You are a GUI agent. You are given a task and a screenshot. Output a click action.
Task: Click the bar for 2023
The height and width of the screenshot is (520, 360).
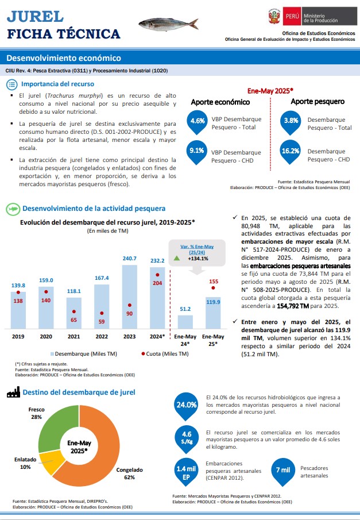tap(130, 297)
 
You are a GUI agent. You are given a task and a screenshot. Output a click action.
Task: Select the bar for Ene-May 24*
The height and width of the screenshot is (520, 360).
tap(185, 322)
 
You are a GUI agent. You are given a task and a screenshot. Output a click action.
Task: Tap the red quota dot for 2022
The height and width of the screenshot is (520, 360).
tap(102, 313)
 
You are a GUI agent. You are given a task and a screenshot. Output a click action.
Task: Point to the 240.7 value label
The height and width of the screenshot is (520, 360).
tap(130, 259)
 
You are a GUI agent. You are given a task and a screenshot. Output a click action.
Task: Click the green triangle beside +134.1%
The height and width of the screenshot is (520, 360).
tap(177, 258)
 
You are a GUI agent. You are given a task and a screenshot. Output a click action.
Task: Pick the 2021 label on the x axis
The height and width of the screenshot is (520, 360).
tap(74, 337)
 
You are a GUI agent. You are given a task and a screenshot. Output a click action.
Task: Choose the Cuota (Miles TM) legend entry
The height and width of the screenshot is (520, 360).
tap(165, 354)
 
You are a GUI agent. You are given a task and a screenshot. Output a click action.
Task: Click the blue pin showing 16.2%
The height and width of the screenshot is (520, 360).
tap(291, 152)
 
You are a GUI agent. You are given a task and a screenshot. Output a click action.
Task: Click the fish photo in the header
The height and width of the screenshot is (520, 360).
tap(168, 25)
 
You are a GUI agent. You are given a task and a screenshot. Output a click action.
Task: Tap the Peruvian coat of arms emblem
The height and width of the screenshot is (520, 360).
tap(274, 16)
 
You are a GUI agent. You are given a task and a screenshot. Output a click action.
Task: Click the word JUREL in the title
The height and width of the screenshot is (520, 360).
tap(35, 16)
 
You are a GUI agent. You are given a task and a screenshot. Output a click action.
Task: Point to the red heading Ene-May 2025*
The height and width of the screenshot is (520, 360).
tap(270, 91)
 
